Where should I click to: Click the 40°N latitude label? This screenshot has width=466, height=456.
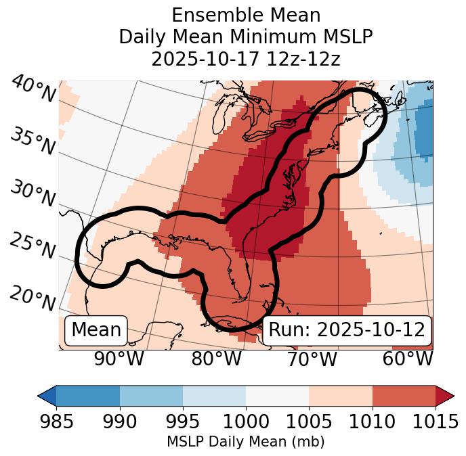point(33,90)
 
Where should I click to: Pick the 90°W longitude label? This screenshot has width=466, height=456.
point(119,359)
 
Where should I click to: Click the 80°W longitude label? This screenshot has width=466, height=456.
point(215,359)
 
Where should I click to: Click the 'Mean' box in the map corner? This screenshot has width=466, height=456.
point(96,330)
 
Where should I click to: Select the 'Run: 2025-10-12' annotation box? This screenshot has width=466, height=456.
point(347,330)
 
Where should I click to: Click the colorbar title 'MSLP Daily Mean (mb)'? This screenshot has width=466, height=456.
point(246,442)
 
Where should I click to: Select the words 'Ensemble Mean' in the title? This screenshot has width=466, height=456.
point(246,15)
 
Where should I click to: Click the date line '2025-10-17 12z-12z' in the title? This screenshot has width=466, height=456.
point(246,59)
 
